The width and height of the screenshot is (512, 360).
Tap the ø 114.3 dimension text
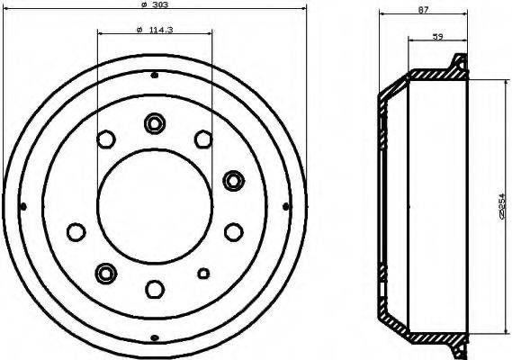pyautogui.click(x=154, y=31)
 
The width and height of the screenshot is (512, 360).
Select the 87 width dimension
pyautogui.click(x=424, y=10)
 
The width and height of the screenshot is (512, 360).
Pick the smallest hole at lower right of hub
pyautogui.click(x=203, y=273)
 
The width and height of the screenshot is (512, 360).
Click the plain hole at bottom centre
pyautogui.click(x=154, y=288)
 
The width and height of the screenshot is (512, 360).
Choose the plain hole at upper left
pyautogui.click(x=106, y=139)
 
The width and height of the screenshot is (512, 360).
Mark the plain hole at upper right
pyautogui.click(x=202, y=139)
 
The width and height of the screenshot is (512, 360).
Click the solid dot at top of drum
pyautogui.click(x=154, y=75)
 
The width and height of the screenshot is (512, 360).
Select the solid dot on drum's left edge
pyautogui.click(x=23, y=206)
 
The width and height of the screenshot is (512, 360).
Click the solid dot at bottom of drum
pyautogui.click(x=154, y=337)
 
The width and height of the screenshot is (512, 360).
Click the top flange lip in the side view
pyautogui.click(x=458, y=65)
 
